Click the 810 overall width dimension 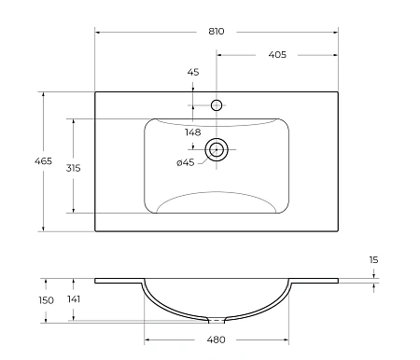(217, 32)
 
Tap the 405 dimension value (277, 55)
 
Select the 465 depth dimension (17, 162)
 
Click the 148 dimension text (193, 132)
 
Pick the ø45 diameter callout (185, 163)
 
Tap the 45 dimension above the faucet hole (193, 72)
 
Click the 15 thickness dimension (373, 260)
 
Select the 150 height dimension (21, 299)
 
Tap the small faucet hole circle (217, 105)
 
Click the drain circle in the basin (217, 148)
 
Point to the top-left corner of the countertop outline (95, 91)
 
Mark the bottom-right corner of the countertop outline (338, 231)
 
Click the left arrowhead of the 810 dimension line (98, 32)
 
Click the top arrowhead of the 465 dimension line (43, 94)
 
